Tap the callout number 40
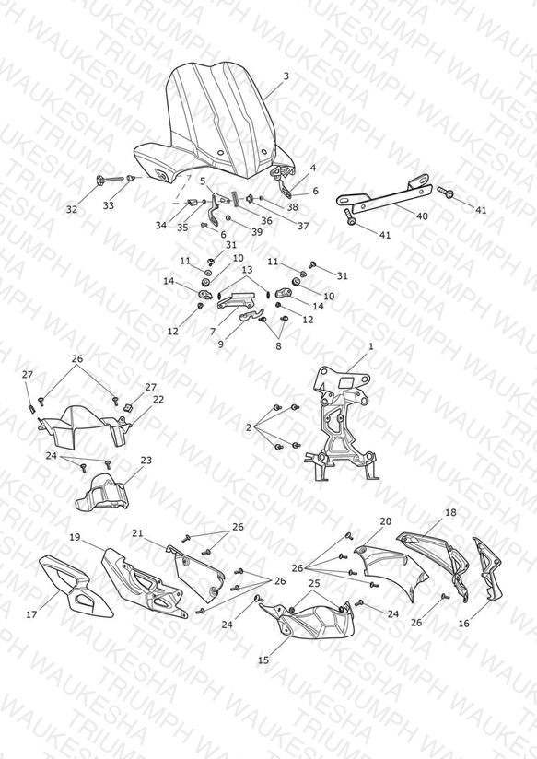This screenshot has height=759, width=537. [x=422, y=216]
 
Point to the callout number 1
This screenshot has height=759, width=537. [x=371, y=346]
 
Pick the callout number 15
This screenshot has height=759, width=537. [x=263, y=660]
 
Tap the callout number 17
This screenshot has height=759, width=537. [x=31, y=614]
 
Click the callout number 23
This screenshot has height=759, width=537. [x=146, y=461]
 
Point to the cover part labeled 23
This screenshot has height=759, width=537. [x=102, y=493]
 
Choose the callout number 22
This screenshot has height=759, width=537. [x=158, y=400]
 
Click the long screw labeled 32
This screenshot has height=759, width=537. [x=111, y=180]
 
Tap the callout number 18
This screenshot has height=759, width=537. [x=450, y=512]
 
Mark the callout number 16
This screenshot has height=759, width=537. [x=464, y=624]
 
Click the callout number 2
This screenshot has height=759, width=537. [x=249, y=427]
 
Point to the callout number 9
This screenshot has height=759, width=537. [x=221, y=344]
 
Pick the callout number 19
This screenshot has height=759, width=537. [x=75, y=537]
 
